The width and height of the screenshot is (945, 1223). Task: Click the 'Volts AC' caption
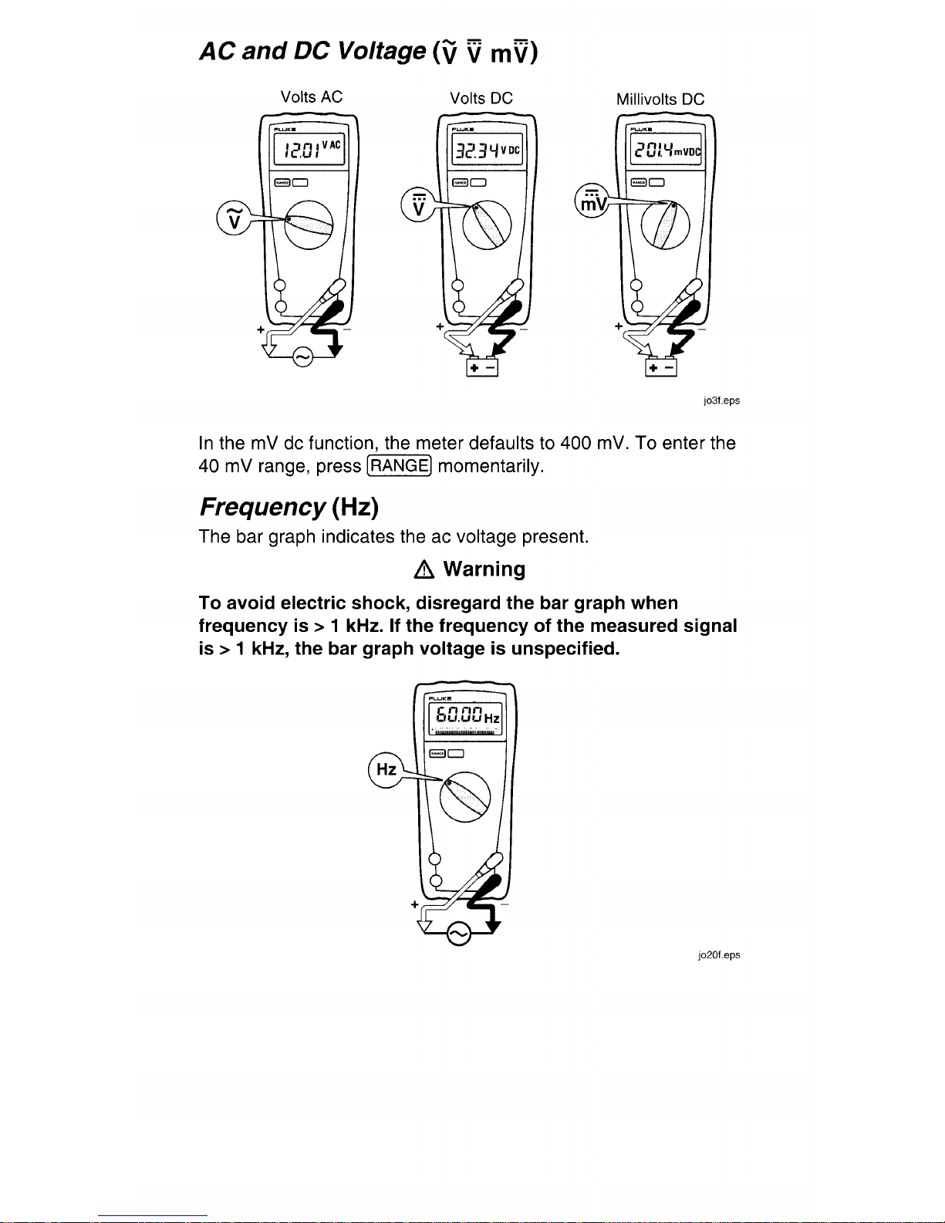311,96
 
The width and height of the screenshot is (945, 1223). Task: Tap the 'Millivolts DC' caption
660,99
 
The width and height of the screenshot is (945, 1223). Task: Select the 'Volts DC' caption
481,98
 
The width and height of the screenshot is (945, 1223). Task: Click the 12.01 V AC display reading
309,149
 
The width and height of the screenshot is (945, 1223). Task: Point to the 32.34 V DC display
487,149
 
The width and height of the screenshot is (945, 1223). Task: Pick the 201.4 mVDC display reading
666,149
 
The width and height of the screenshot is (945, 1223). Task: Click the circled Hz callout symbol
386,769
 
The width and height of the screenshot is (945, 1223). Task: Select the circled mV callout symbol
592,201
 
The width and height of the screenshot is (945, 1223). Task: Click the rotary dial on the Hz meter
464,797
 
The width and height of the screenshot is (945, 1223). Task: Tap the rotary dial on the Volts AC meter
309,225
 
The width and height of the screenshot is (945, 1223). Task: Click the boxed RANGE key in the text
400,466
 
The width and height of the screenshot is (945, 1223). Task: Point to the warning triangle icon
424,571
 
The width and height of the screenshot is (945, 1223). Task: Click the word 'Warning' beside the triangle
484,569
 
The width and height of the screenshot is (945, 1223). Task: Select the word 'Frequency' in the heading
262,508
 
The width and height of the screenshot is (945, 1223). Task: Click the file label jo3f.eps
722,400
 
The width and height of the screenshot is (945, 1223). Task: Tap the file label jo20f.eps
719,955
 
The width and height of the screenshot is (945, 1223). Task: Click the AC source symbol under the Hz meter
458,934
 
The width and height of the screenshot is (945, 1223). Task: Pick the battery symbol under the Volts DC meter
482,367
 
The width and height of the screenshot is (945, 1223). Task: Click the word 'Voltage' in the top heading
381,52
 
